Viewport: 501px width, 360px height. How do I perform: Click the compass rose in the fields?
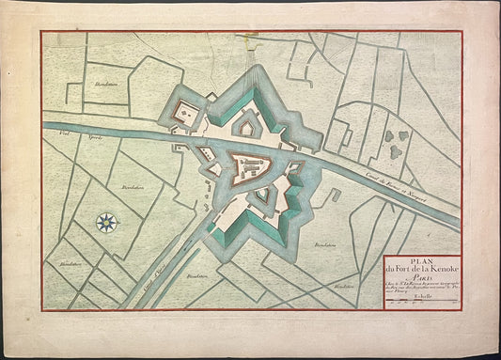click(107, 223)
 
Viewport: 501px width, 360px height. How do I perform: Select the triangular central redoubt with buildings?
click(260, 167)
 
